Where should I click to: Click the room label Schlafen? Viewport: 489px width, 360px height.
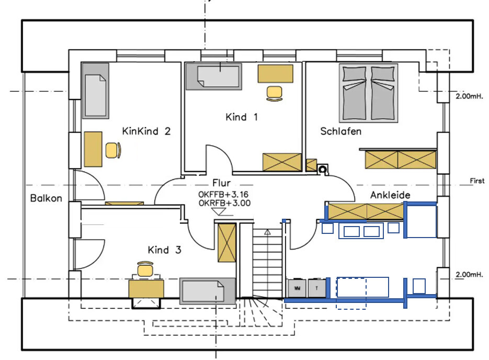(340, 131)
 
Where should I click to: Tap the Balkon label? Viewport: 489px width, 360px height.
(46, 198)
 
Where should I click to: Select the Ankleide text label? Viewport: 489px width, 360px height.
(390, 195)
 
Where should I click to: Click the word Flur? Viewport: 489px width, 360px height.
(221, 183)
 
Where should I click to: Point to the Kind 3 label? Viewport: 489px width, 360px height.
(164, 250)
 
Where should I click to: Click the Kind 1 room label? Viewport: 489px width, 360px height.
(242, 117)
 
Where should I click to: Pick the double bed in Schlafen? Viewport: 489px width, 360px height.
(369, 92)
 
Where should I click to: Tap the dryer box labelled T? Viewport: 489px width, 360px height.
(316, 288)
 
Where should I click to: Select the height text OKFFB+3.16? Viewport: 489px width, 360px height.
(224, 195)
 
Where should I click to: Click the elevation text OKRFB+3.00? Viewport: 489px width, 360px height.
(224, 204)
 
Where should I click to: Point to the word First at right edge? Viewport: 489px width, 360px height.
(477, 181)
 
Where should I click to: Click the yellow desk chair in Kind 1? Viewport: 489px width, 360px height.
(274, 93)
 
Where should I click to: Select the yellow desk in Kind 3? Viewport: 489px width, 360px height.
(146, 288)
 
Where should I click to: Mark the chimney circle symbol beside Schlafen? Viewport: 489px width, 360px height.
(323, 168)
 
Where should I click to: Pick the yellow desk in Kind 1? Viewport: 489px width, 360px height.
(275, 74)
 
